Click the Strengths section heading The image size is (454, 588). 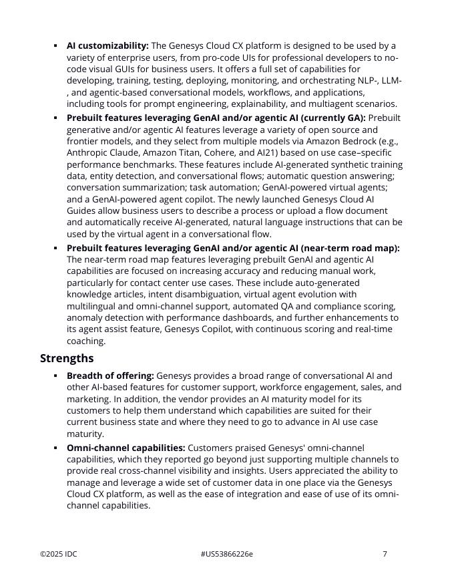pyautogui.click(x=67, y=358)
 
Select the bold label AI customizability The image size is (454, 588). pyautogui.click(x=107, y=46)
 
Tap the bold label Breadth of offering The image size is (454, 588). pyautogui.click(x=110, y=376)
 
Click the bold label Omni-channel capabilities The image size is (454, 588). pyautogui.click(x=126, y=448)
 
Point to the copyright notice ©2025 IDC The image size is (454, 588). pyautogui.click(x=59, y=554)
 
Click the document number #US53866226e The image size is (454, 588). pyautogui.click(x=226, y=554)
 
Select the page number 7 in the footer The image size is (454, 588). pyautogui.click(x=385, y=554)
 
